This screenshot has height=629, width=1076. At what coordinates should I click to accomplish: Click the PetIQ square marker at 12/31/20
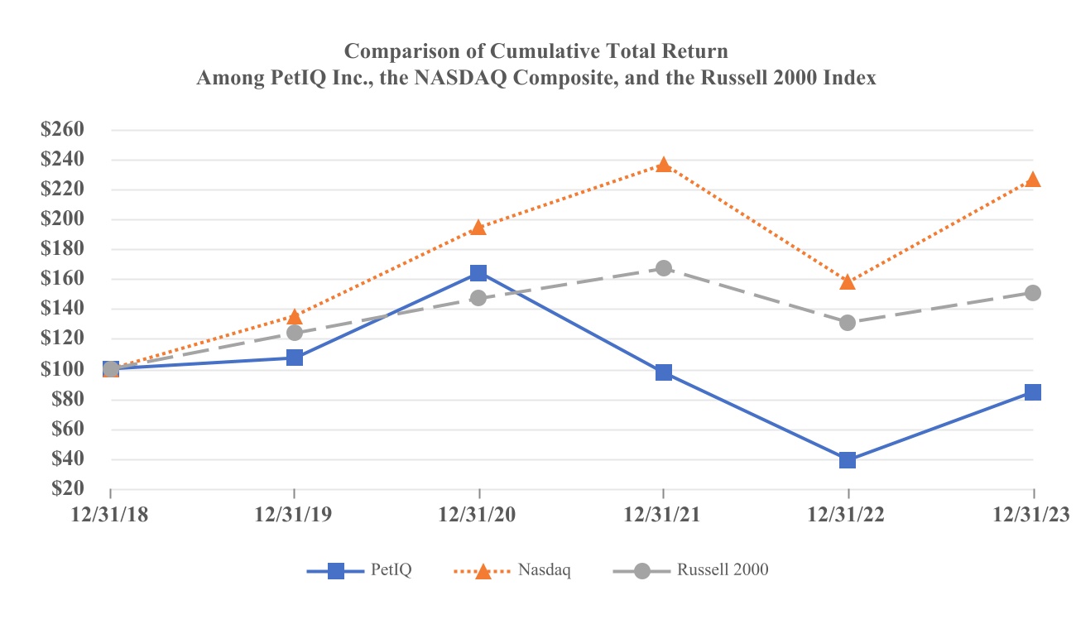(478, 273)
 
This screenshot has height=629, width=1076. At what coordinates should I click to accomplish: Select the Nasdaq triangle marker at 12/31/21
(664, 165)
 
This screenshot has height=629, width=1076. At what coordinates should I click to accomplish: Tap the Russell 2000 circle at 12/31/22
(848, 323)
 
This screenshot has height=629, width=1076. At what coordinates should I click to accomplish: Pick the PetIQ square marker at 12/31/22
(848, 460)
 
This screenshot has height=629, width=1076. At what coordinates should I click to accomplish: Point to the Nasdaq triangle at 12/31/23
(1032, 180)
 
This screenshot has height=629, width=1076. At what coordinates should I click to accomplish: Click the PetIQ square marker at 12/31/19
(295, 358)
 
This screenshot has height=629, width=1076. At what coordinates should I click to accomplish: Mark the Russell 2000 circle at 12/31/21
(664, 268)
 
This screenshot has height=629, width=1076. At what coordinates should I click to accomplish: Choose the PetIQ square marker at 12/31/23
(1032, 392)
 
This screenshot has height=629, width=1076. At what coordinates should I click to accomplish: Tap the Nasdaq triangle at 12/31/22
(848, 282)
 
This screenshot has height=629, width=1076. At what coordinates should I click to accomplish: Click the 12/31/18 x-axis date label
(110, 513)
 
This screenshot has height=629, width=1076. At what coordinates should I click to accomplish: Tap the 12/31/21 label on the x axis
(664, 513)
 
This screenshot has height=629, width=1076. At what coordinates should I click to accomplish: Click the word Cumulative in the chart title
(541, 51)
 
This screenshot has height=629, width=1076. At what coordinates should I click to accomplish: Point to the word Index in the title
(852, 79)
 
